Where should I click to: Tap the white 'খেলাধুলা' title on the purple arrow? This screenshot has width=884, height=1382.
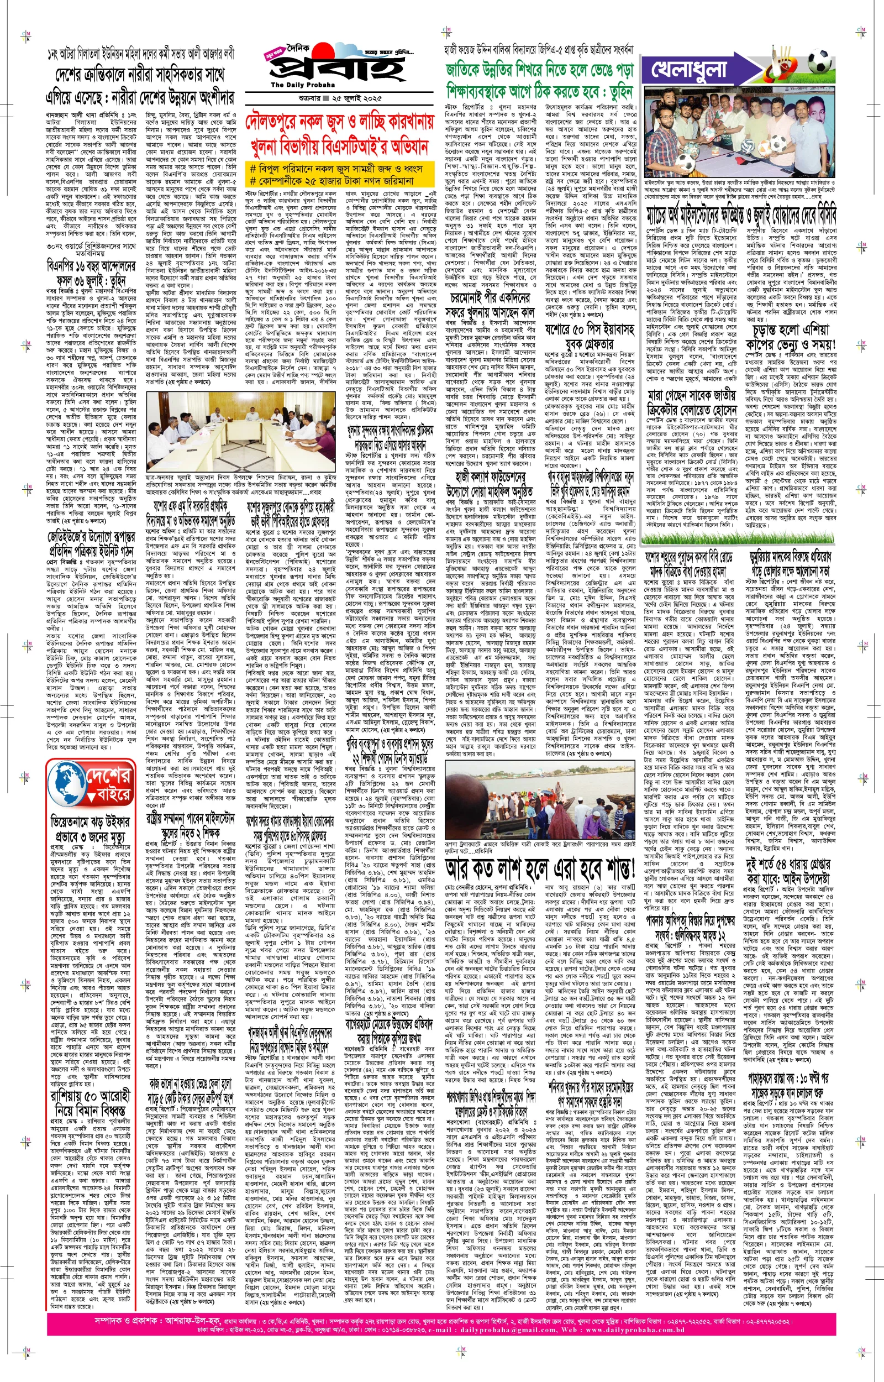[689, 70]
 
